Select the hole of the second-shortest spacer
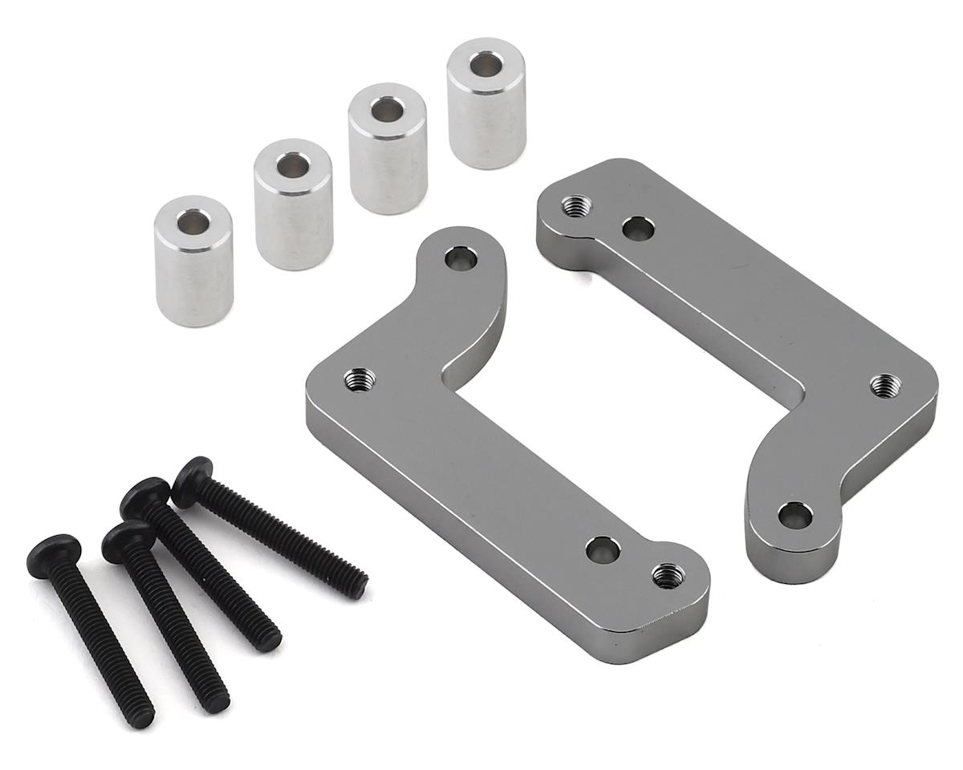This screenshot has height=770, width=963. tap(293, 164)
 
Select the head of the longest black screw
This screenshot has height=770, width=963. tap(193, 474)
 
